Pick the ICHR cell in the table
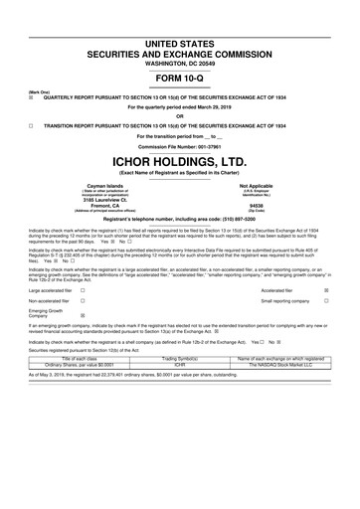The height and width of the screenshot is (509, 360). (180, 392)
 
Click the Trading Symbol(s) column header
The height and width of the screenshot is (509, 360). (180, 385)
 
